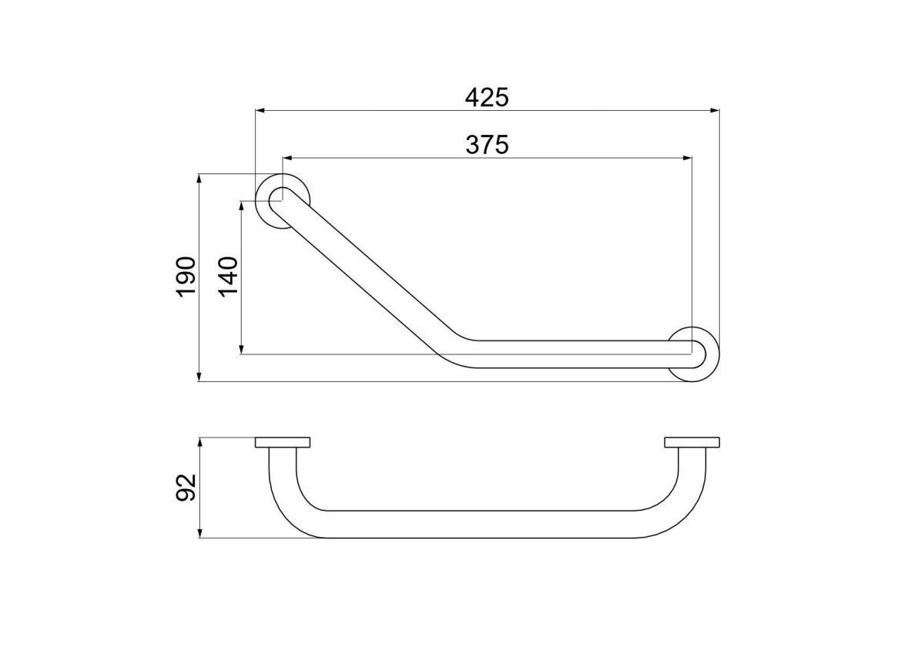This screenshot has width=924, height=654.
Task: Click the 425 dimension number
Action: click(x=487, y=97)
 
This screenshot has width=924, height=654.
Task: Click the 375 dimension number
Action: click(x=487, y=145)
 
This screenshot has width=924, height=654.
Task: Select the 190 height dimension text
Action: click(x=186, y=277)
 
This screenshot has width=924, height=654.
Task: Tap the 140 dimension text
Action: click(x=228, y=277)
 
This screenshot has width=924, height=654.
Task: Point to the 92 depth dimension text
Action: click(x=186, y=488)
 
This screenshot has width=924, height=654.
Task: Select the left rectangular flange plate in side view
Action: click(x=283, y=442)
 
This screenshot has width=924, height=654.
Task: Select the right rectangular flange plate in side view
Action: click(x=692, y=442)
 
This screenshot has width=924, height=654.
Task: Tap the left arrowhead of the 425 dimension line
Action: click(x=259, y=111)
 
